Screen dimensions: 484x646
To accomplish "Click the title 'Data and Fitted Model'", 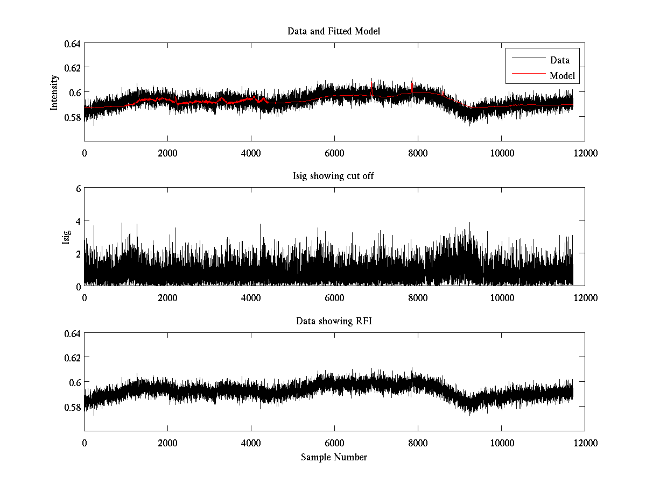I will [x=334, y=31].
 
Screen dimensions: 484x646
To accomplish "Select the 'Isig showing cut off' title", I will [x=334, y=176].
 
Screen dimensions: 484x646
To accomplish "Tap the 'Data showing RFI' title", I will [x=334, y=321].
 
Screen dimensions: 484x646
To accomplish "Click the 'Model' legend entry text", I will [x=562, y=76].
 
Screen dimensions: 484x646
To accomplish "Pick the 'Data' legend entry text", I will [x=559, y=60].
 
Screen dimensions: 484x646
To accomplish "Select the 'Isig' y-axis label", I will [x=66, y=237].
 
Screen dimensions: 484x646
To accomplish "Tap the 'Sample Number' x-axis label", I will [x=334, y=457].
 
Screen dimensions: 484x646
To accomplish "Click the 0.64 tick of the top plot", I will [x=73, y=44].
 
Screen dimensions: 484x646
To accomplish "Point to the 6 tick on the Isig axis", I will [x=78, y=189].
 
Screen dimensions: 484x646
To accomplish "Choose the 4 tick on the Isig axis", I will [x=78, y=221].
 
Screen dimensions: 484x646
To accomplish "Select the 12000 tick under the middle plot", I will [x=585, y=297].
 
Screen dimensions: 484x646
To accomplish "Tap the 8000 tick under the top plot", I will [x=418, y=153].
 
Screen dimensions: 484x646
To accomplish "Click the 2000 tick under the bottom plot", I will [x=167, y=443].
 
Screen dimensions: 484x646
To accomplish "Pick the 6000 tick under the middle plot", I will [x=334, y=297].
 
